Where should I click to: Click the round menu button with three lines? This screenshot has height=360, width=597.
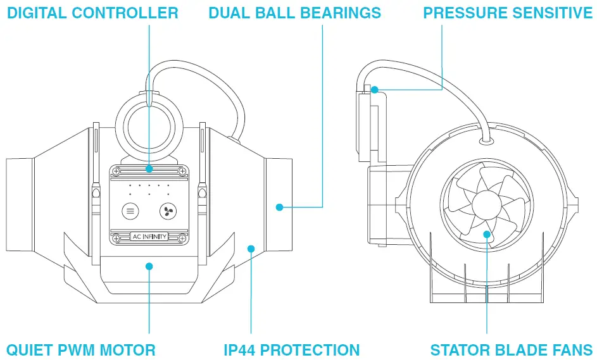tap(130, 211)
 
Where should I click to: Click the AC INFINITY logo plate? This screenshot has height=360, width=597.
tap(149, 237)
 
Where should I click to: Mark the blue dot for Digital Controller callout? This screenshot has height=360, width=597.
tap(149, 169)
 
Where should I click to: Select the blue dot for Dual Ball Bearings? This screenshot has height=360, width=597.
tap(279, 206)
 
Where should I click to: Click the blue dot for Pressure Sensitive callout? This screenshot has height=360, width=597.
tap(375, 90)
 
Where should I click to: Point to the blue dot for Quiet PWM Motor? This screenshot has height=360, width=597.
tap(149, 266)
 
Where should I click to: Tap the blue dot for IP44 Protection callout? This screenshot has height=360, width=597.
tap(251, 249)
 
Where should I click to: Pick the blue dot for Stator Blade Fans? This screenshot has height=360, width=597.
tap(487, 235)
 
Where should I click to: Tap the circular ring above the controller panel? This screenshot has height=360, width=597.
tap(149, 118)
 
